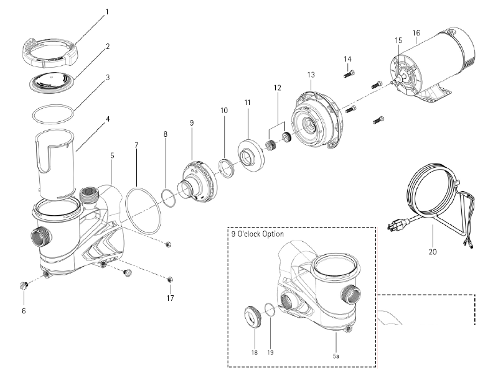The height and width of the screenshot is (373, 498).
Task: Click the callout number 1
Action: [x=106, y=12]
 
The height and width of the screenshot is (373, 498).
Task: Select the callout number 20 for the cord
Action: [x=432, y=252]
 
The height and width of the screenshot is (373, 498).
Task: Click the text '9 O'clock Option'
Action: [x=257, y=234]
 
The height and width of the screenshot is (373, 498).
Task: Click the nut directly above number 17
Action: [x=170, y=278]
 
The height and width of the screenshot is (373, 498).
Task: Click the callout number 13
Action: [x=311, y=75]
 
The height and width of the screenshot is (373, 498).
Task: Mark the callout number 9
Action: [x=192, y=123]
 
